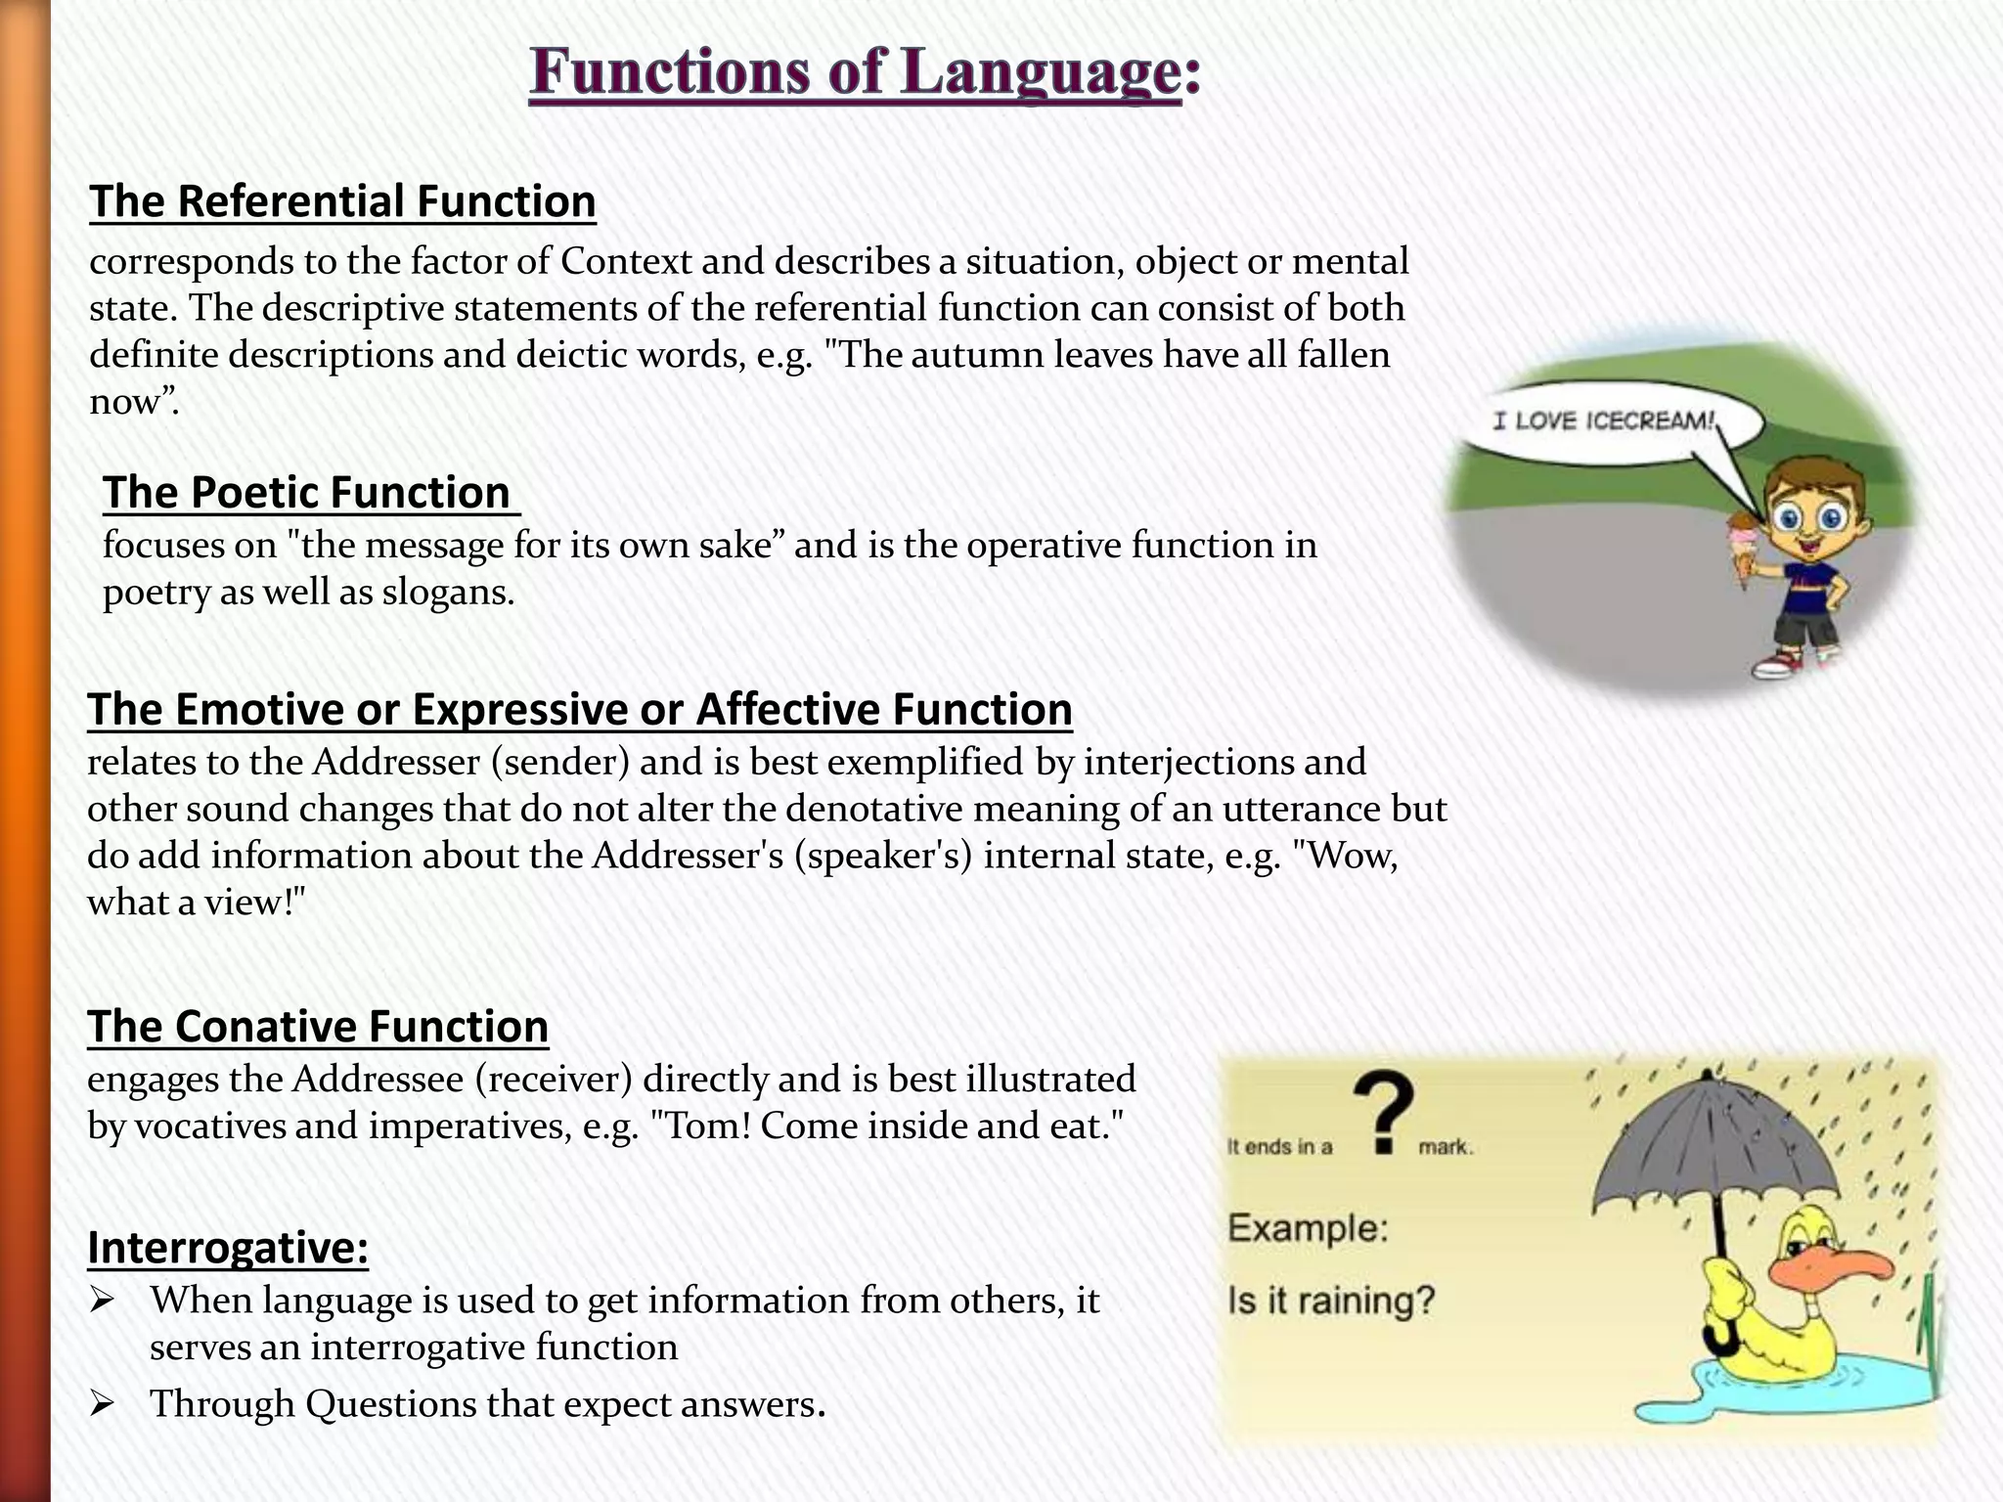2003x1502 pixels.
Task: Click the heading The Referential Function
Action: [342, 201]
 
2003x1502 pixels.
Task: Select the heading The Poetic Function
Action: [307, 492]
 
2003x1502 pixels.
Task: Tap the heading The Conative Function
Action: [318, 1027]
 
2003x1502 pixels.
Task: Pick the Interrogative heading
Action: [228, 1248]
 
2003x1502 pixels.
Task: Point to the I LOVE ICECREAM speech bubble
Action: [1604, 421]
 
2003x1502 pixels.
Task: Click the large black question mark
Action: [1382, 1112]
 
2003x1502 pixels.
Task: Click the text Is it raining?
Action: [1331, 1301]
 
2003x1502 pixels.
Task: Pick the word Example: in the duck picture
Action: [1308, 1227]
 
